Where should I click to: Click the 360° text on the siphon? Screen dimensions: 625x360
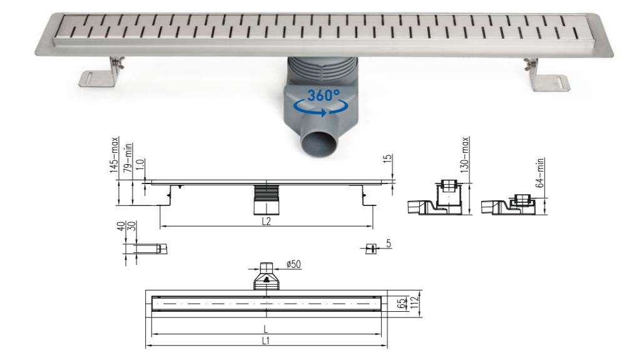click(323, 95)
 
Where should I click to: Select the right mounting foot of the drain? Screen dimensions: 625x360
click(547, 76)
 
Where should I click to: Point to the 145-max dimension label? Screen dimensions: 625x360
click(114, 155)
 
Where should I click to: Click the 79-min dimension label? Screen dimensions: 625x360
click(128, 158)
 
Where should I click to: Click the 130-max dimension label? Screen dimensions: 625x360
click(465, 155)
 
